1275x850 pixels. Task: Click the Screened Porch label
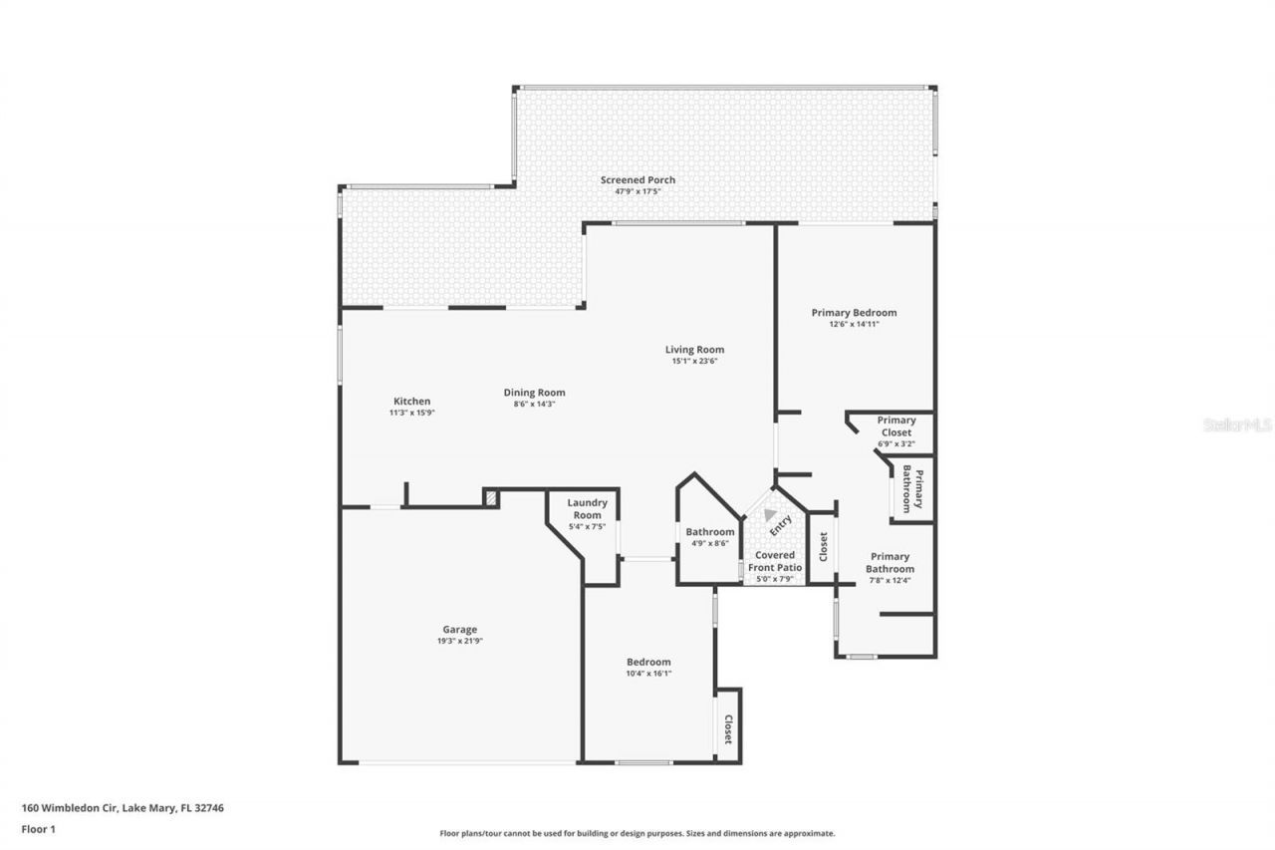(x=637, y=180)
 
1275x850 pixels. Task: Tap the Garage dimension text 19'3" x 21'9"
(x=459, y=641)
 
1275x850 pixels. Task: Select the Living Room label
(x=694, y=350)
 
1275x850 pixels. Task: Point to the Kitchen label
(x=411, y=402)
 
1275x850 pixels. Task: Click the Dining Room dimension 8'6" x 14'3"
(x=534, y=404)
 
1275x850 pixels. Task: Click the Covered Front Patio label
(x=775, y=561)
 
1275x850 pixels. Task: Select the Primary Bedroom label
(x=854, y=313)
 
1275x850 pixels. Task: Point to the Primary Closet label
(x=896, y=426)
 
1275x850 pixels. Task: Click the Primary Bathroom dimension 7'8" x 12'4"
(x=890, y=580)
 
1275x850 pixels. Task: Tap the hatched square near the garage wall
(x=490, y=497)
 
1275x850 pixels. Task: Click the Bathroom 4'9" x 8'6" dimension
(x=709, y=543)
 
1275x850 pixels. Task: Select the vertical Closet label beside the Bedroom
(x=727, y=729)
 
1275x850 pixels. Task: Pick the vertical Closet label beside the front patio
(x=823, y=546)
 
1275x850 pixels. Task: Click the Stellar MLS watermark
(x=1237, y=425)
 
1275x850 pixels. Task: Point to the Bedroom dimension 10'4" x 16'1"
(x=648, y=674)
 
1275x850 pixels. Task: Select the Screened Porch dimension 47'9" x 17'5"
(x=637, y=191)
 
